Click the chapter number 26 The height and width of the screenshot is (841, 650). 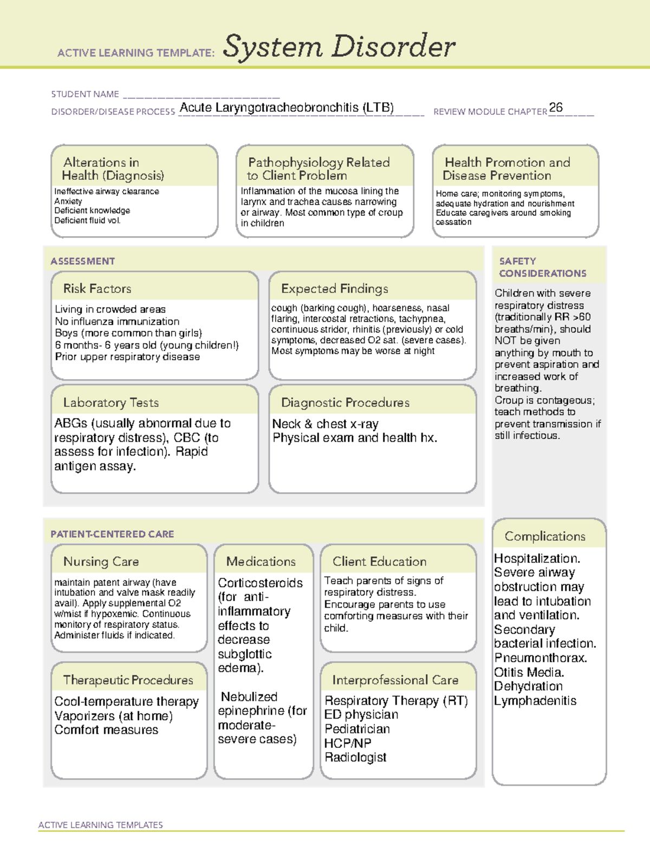[x=556, y=107]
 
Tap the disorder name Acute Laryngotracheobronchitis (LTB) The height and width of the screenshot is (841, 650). [x=287, y=107]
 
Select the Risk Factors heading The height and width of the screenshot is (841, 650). [x=97, y=289]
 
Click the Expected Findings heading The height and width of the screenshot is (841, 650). [x=334, y=289]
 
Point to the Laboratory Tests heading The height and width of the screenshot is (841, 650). [x=110, y=402]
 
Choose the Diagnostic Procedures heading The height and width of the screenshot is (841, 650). [x=345, y=402]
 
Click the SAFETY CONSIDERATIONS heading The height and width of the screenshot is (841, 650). [x=542, y=268]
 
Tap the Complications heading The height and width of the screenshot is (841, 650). [x=545, y=536]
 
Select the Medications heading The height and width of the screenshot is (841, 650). [x=261, y=562]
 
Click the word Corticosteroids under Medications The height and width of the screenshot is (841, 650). [x=260, y=583]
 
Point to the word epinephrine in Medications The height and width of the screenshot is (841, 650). [x=251, y=710]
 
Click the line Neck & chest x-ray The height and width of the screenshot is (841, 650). [x=325, y=424]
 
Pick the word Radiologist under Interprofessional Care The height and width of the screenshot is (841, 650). [x=355, y=757]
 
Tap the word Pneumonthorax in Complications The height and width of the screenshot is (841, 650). [x=540, y=658]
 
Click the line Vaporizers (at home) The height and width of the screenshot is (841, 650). [x=113, y=716]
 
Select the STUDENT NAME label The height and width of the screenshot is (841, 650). [x=85, y=94]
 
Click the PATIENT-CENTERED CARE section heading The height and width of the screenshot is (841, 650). [x=112, y=534]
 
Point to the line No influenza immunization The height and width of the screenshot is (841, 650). [x=117, y=321]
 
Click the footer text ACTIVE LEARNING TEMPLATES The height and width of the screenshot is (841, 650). [x=100, y=825]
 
